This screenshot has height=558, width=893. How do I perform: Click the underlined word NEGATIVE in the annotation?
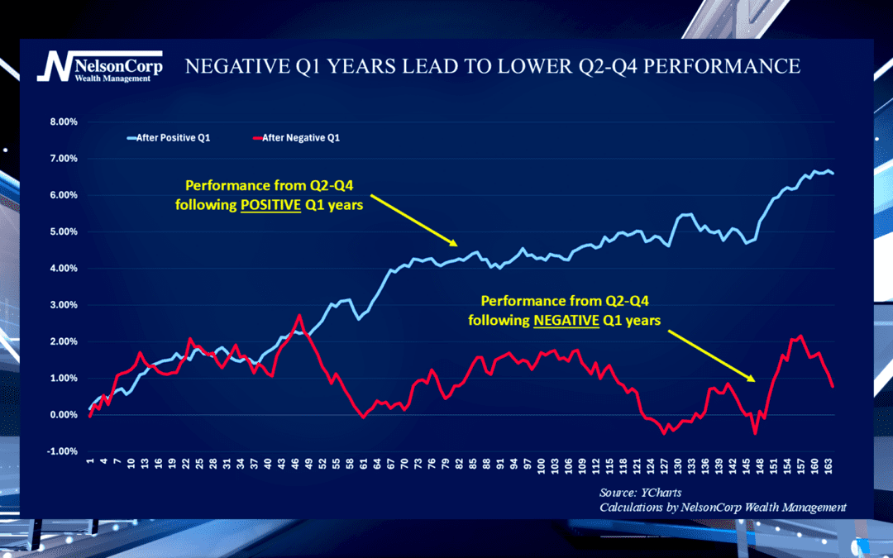tap(566, 321)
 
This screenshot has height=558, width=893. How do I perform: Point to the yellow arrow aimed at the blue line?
tap(413, 220)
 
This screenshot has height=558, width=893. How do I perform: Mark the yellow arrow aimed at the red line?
tap(711, 355)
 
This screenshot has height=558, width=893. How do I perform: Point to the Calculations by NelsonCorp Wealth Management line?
tap(723, 507)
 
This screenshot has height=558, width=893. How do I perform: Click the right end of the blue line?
tap(833, 174)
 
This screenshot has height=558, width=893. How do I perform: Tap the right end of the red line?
tap(833, 386)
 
